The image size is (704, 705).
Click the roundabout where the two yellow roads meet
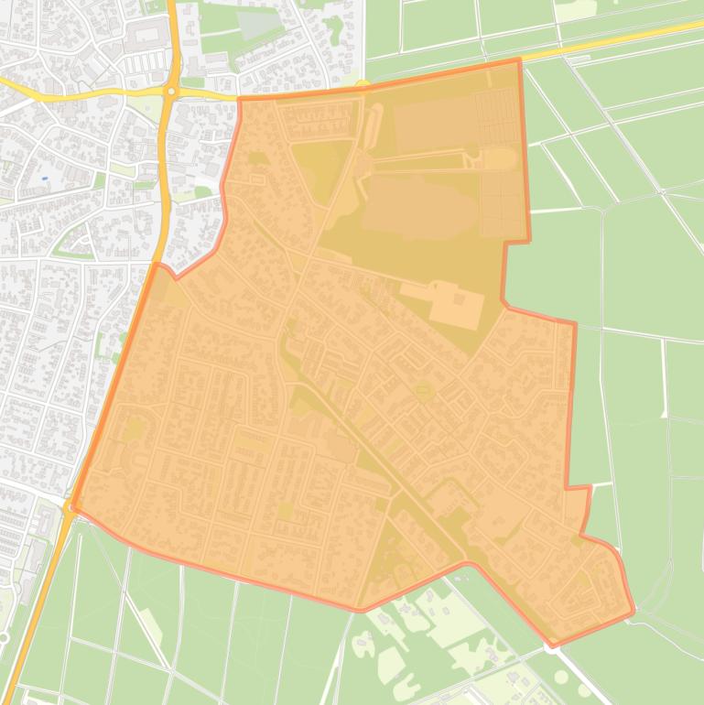[x=170, y=91]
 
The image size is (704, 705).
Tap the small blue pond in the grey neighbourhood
[x=44, y=177]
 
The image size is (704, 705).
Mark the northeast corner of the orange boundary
[x=520, y=60]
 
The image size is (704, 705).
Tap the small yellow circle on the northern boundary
[x=363, y=85]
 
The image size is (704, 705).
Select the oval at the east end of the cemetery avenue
[x=499, y=158]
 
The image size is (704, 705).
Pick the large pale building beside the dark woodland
[x=456, y=305]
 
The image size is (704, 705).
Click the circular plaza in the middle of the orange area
[x=423, y=391]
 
